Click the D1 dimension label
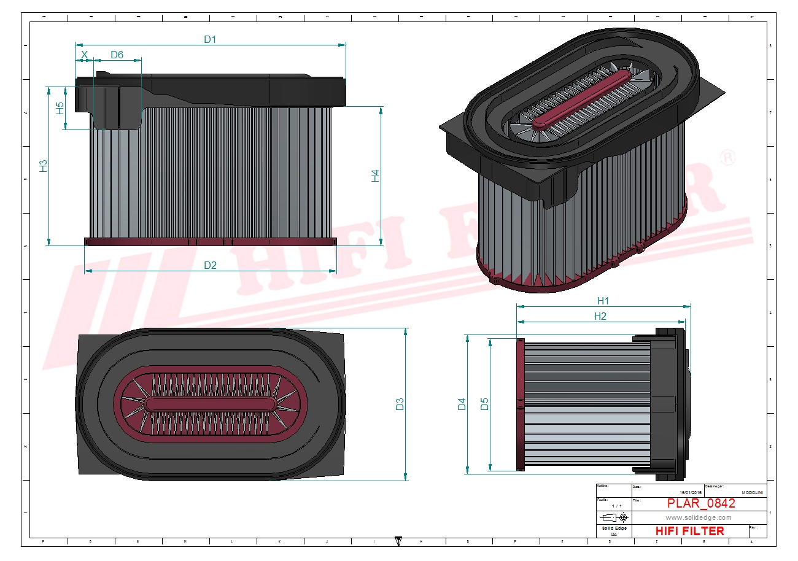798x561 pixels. tap(210, 39)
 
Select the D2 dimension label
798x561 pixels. tap(210, 265)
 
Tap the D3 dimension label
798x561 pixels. tap(400, 404)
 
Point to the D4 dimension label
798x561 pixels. tap(462, 404)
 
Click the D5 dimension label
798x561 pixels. tap(484, 404)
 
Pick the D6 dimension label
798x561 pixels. tap(117, 55)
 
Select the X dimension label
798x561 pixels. tap(85, 55)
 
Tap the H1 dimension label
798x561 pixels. tap(603, 301)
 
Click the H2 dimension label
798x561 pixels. tap(600, 316)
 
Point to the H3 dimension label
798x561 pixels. tap(43, 166)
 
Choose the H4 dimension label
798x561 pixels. tap(375, 176)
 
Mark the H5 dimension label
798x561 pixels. tap(60, 108)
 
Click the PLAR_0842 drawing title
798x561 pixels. tap(700, 504)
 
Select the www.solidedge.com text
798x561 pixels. tap(699, 517)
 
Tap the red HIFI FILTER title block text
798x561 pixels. tap(690, 531)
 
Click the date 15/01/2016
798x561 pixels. tap(690, 492)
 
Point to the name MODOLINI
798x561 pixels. tap(753, 492)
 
